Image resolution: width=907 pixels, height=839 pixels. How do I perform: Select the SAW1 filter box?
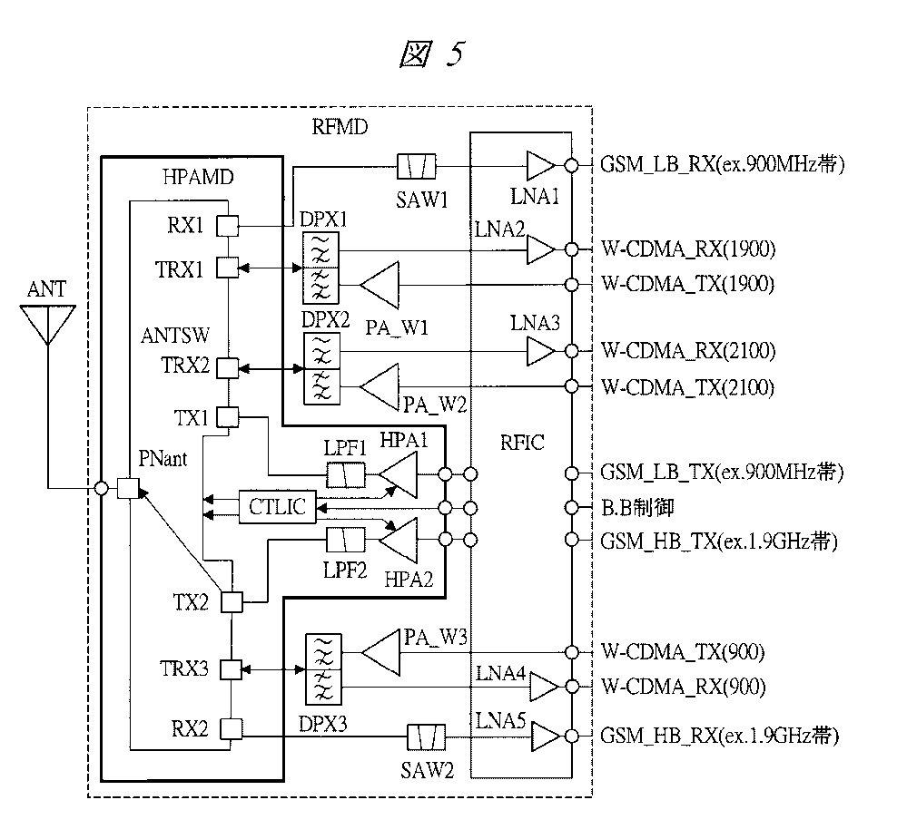(417, 166)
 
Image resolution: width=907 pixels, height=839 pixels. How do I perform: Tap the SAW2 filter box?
(424, 737)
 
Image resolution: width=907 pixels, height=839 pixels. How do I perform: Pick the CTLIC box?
(277, 506)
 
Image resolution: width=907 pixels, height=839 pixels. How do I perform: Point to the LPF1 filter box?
(346, 474)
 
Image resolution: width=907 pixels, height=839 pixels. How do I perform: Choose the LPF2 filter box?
(346, 541)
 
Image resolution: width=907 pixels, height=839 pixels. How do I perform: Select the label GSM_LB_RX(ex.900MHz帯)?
(723, 166)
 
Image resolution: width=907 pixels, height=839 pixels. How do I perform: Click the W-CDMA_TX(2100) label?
(687, 388)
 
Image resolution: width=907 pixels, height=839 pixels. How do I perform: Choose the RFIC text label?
(521, 443)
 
